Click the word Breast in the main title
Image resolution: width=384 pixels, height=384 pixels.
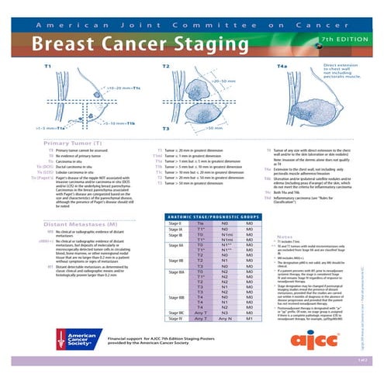[71, 40]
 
